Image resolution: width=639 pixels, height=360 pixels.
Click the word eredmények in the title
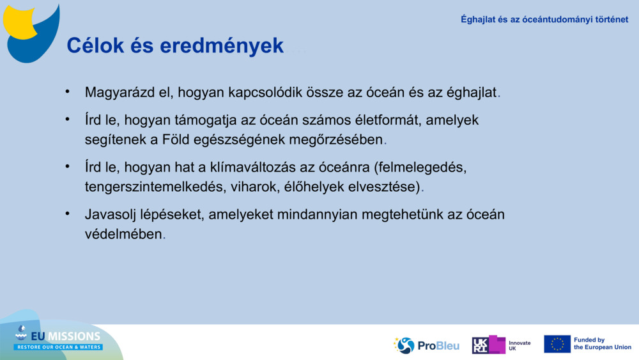point(208,45)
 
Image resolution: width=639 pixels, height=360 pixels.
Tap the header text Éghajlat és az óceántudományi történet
point(544,19)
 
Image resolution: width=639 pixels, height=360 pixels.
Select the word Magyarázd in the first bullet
point(120,93)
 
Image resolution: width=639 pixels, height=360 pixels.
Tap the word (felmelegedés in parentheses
point(420,168)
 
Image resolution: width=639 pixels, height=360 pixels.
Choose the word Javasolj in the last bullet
point(112,215)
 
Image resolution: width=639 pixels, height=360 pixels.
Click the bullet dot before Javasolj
point(67,214)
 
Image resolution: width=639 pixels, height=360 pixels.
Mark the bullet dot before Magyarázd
point(67,91)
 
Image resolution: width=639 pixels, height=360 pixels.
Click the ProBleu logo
point(427,345)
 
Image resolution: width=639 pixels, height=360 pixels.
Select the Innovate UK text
point(519,345)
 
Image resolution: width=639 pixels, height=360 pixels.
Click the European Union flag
point(557,344)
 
